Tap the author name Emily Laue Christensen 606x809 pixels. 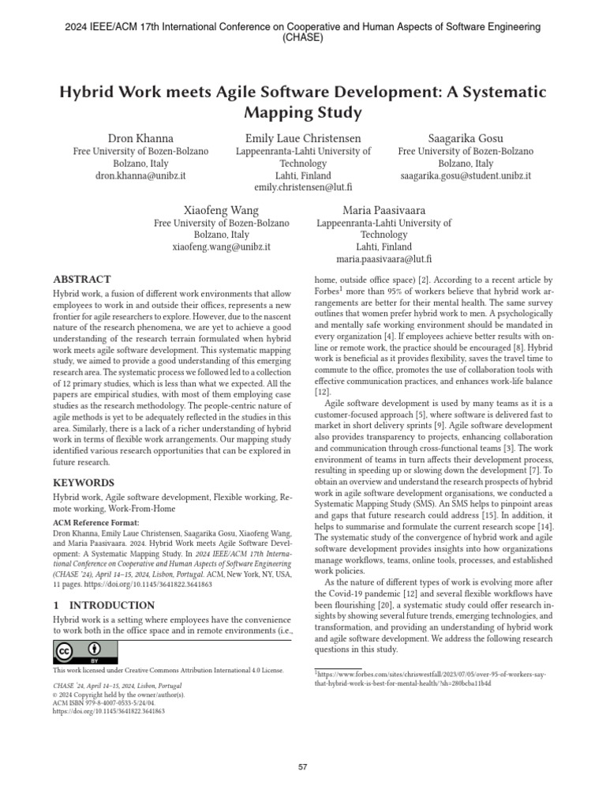pos(303,138)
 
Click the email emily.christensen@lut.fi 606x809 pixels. pos(303,187)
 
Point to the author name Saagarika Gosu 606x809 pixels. pos(466,138)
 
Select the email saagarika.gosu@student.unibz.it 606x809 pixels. pos(466,175)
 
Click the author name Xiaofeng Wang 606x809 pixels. pos(221,210)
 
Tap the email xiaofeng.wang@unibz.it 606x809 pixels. pos(221,246)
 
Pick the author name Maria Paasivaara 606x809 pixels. pos(384,210)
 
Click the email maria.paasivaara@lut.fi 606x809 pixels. pos(384,258)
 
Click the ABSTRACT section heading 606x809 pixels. pos(82,279)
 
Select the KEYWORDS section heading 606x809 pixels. pos(84,482)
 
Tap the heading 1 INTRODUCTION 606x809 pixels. pos(99,604)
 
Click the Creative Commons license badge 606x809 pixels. pos(85,653)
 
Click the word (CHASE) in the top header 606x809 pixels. pos(303,37)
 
